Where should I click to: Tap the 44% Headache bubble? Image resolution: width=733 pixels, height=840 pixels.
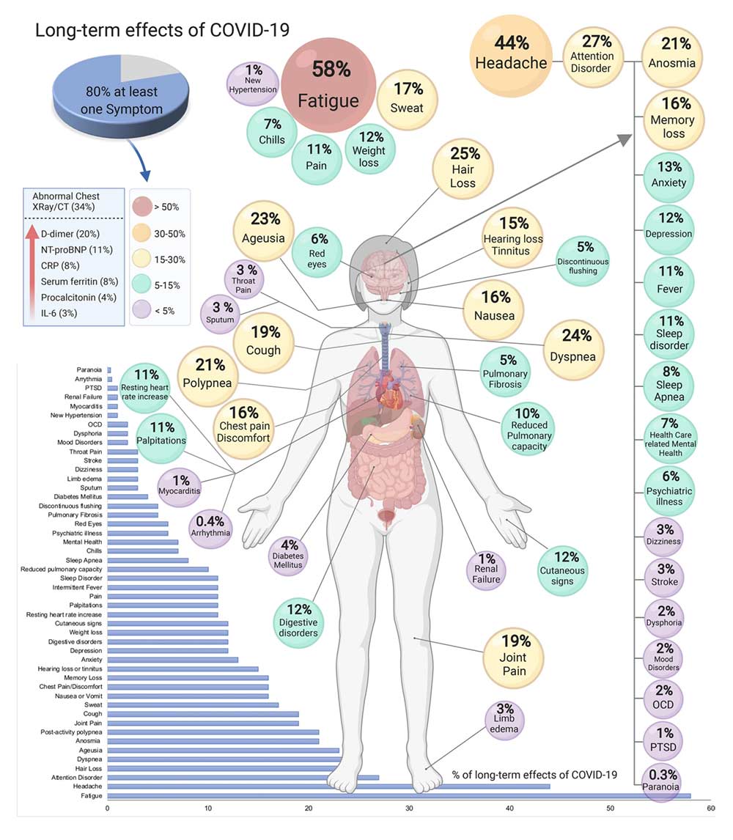511,53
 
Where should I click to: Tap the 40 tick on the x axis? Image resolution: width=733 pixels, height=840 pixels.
510,808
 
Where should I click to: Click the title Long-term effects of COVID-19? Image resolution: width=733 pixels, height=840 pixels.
163,30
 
